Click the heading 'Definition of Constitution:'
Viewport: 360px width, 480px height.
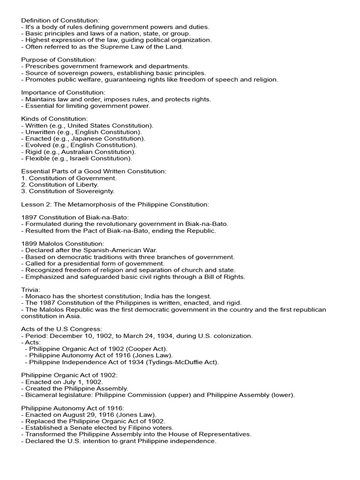click(60, 21)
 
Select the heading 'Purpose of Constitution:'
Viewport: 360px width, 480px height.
click(59, 60)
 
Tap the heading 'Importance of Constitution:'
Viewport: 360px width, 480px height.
click(63, 93)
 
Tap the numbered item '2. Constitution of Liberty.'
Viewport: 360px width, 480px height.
click(60, 185)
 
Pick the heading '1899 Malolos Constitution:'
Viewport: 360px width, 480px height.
click(63, 244)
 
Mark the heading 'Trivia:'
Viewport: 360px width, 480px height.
click(31, 290)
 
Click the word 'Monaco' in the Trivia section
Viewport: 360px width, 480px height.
click(37, 296)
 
